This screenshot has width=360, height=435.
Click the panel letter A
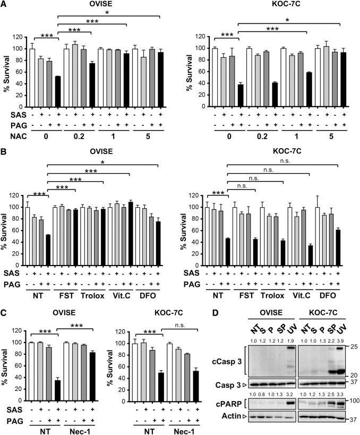[5, 5]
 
